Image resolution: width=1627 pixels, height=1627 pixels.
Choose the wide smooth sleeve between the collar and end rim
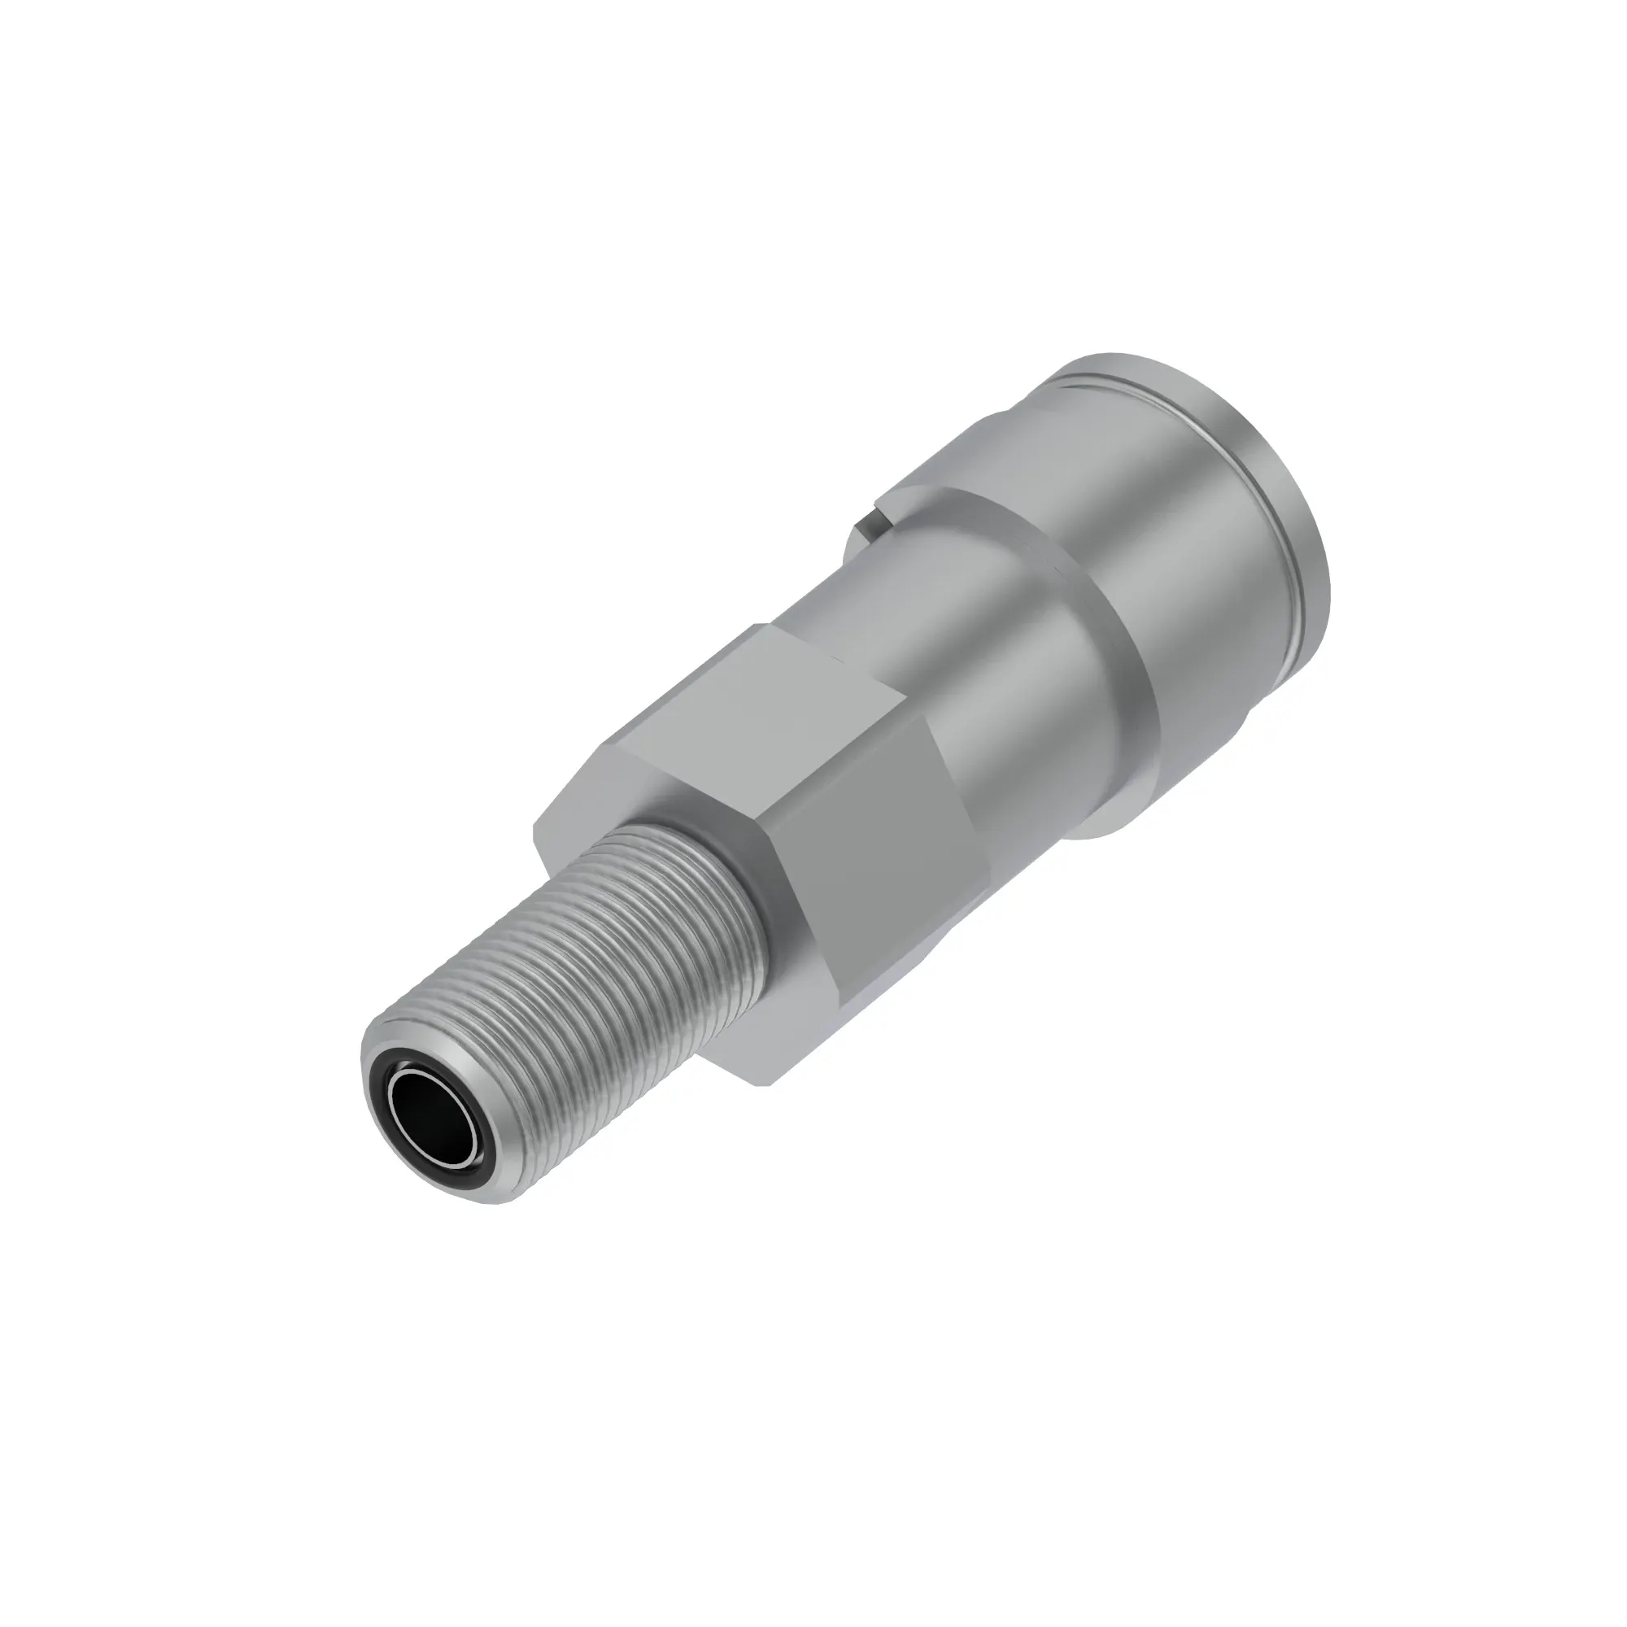(x=1196, y=539)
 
